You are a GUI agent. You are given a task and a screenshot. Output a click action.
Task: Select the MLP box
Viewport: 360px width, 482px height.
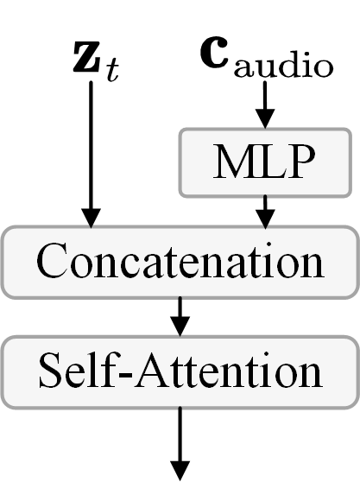pyautogui.click(x=267, y=162)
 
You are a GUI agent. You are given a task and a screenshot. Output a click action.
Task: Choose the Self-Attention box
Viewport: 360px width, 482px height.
pyautogui.click(x=180, y=371)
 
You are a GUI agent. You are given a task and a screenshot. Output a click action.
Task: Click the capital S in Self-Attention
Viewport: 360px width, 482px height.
pyautogui.click(x=51, y=371)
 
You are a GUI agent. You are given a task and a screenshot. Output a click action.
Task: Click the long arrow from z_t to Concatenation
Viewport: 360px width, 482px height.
pyautogui.click(x=90, y=147)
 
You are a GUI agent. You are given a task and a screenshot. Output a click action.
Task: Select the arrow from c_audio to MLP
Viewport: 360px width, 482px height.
pyautogui.click(x=267, y=105)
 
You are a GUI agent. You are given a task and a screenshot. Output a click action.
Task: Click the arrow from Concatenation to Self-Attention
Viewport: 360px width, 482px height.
pyautogui.click(x=180, y=316)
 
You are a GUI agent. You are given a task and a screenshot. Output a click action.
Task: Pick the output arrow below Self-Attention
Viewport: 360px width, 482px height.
pyautogui.click(x=180, y=441)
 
